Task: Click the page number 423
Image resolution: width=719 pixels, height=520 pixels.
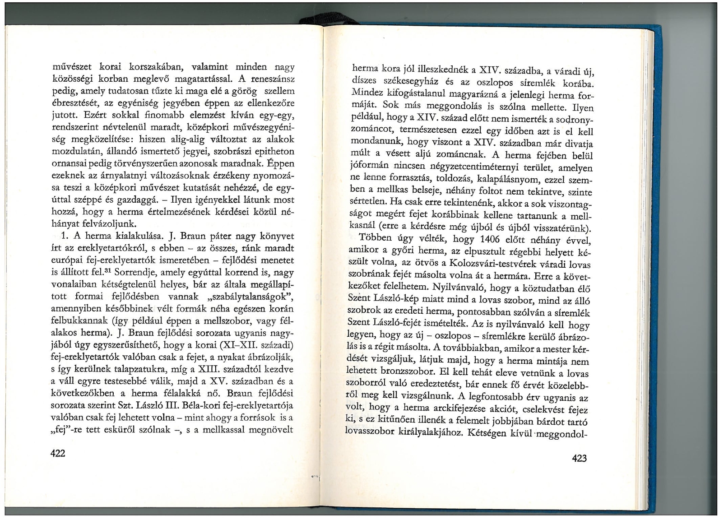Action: pos(579,459)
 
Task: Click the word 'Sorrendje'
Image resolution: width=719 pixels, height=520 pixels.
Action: pos(133,272)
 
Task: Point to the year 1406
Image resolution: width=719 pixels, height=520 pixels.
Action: pos(494,238)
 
